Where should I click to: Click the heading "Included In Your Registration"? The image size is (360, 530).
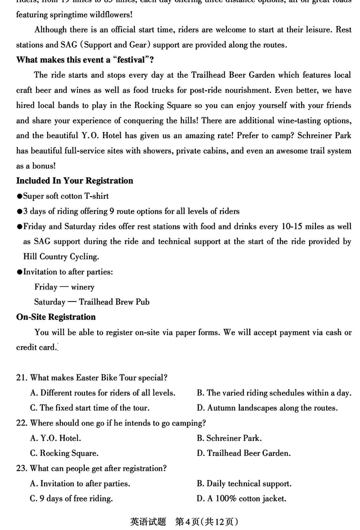[x=75, y=181]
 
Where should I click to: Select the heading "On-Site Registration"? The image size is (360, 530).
[x=56, y=317]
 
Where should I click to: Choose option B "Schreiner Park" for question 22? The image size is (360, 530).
[x=229, y=438]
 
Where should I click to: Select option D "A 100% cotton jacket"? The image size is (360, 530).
[x=241, y=499]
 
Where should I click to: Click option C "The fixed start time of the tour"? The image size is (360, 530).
[x=90, y=408]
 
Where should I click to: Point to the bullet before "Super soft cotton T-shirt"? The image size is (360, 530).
[x=19, y=197]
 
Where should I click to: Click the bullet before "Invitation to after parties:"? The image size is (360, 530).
[x=19, y=272]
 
